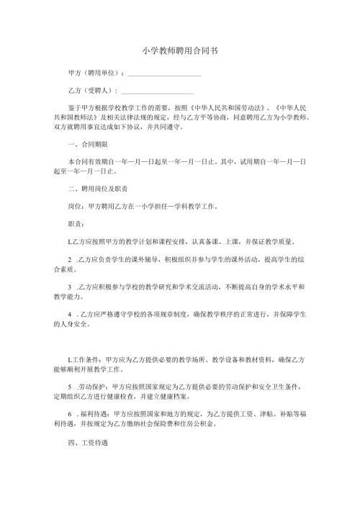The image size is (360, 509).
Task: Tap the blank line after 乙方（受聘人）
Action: (158, 91)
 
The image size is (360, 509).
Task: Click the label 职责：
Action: (76, 223)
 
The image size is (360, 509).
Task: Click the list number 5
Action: (69, 385)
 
